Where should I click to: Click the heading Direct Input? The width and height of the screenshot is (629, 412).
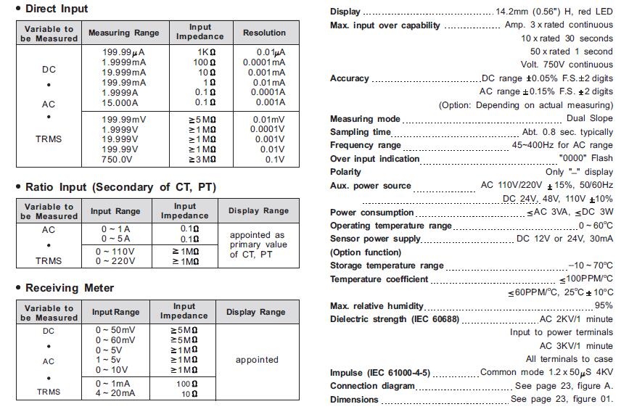click(56, 9)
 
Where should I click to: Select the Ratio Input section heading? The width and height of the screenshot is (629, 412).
click(120, 187)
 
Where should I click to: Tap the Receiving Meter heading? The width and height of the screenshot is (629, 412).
click(70, 288)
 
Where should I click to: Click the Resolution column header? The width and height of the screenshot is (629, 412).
click(264, 33)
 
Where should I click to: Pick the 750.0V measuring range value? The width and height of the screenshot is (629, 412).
click(116, 160)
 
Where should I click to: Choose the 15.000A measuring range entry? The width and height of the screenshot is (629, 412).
click(120, 103)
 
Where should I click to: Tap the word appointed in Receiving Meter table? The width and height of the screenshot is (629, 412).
click(257, 360)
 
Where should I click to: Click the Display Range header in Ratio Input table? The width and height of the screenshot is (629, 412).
click(258, 211)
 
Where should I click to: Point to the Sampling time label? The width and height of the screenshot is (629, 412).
click(361, 132)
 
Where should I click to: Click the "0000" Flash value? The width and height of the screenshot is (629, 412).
click(585, 158)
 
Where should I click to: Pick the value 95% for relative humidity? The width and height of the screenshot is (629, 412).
click(603, 306)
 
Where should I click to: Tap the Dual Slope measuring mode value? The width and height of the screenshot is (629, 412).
click(589, 118)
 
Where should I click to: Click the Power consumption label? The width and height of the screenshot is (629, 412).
click(372, 213)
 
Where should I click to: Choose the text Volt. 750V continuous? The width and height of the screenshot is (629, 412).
click(566, 65)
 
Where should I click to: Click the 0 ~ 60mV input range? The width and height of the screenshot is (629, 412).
click(115, 339)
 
